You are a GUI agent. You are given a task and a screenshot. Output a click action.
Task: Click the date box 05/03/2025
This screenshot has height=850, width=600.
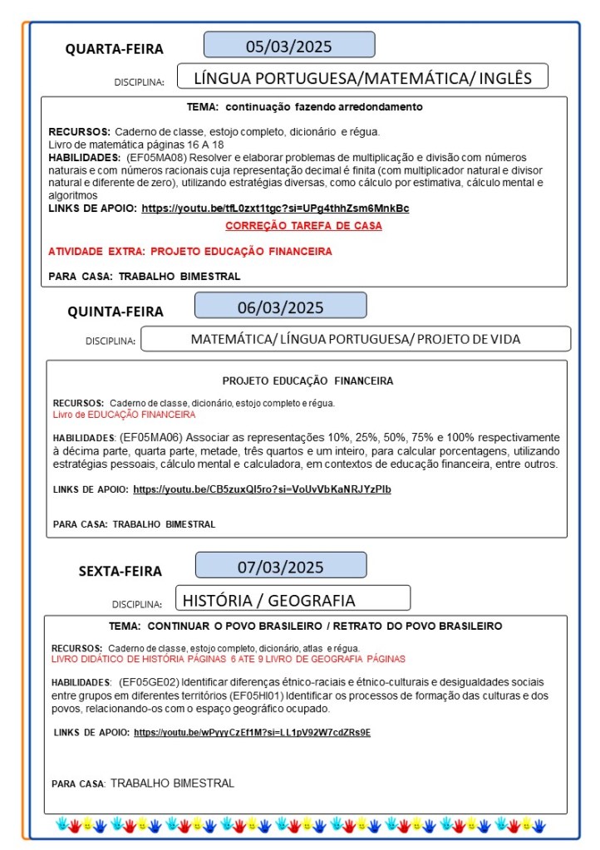[x=289, y=45]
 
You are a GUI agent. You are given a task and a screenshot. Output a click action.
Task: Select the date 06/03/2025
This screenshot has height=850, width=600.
[x=280, y=307]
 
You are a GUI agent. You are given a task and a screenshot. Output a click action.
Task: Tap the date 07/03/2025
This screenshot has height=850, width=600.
[x=280, y=567]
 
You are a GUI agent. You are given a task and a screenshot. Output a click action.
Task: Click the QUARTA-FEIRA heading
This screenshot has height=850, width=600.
[x=115, y=49]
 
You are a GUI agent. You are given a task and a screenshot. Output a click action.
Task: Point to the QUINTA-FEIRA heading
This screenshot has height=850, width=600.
[x=116, y=312]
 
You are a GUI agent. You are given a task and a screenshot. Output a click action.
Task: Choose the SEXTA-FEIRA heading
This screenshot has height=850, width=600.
[x=120, y=571]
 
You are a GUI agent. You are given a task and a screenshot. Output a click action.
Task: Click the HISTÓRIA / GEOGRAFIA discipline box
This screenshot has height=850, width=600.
[x=293, y=600]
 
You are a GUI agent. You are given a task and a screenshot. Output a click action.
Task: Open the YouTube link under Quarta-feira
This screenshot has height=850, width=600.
[x=275, y=208]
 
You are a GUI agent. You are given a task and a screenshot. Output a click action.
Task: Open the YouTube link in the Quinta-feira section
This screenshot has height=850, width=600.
[x=262, y=489]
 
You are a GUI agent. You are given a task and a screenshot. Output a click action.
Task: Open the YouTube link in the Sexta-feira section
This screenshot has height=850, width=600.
[x=252, y=732]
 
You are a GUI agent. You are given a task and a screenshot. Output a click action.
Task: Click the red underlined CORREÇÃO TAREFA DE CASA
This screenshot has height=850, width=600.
[x=303, y=226]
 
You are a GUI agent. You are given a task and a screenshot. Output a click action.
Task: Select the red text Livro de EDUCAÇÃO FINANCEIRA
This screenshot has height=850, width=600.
[x=124, y=414]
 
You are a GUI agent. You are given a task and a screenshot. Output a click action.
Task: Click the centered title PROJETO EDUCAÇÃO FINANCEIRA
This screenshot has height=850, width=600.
[x=307, y=381]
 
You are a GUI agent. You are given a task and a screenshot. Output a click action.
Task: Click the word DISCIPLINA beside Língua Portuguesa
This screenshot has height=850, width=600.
[x=139, y=82]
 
